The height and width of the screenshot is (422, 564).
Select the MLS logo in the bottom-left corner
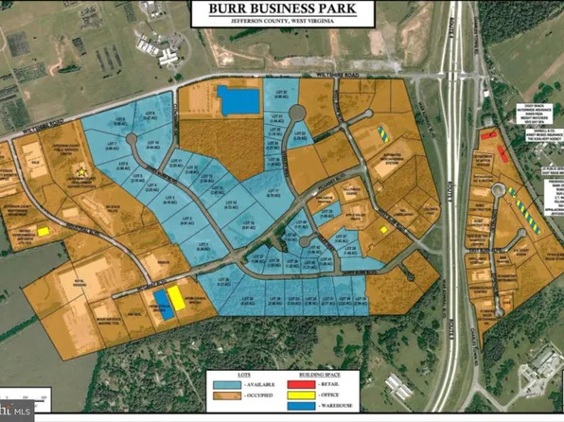16,412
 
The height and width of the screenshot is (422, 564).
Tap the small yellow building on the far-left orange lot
44,231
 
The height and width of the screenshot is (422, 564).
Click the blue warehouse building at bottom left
162,303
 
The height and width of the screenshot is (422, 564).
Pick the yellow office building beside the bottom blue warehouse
176,299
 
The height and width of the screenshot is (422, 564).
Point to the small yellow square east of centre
383,230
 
